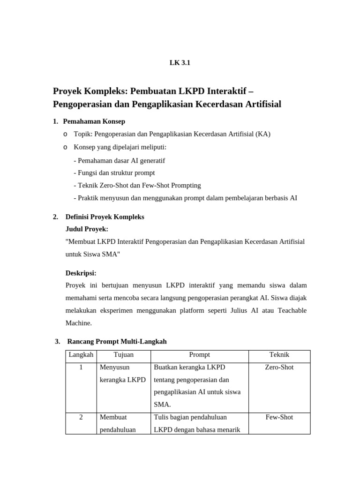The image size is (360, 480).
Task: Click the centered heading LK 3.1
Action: tap(180, 63)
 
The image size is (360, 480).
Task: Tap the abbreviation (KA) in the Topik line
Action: tap(263, 134)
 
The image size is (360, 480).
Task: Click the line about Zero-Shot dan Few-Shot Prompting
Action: tap(137, 185)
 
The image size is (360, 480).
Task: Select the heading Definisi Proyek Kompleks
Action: tap(105, 217)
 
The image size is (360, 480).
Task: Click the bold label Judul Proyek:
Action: tap(87, 229)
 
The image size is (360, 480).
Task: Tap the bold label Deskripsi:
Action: tap(81, 273)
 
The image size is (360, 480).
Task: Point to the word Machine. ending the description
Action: tap(79, 323)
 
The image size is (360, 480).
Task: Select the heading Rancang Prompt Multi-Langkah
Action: tap(117, 342)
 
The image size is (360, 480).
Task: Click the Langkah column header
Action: tap(81, 355)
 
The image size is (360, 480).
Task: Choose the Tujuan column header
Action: tap(123, 355)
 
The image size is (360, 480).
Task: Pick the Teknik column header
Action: tap(279, 355)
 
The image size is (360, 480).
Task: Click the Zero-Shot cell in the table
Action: tap(279, 367)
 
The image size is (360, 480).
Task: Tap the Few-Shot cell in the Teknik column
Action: tap(279, 417)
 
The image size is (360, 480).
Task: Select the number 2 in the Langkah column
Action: tap(81, 417)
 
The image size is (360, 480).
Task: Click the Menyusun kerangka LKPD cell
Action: tap(123, 374)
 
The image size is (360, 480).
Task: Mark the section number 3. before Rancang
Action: tap(58, 342)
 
